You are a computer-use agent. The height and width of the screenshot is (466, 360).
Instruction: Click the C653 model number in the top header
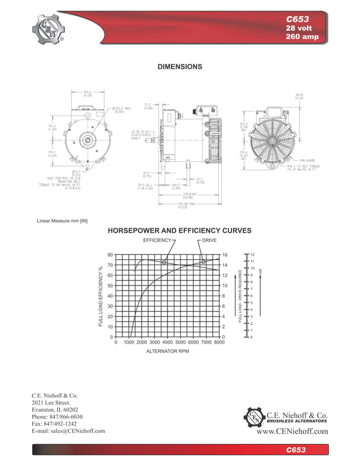point(306,19)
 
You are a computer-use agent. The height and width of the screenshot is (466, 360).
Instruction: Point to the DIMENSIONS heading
point(179,67)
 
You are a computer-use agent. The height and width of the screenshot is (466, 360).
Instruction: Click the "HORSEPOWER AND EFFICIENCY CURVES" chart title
point(179,231)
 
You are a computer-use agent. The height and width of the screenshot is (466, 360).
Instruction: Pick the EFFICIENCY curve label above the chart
point(157,240)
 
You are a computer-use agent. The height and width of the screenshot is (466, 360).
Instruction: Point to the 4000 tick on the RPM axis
point(168,342)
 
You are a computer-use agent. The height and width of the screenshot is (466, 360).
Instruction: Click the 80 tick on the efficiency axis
point(109,255)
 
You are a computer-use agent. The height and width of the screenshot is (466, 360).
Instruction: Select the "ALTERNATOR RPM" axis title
point(168,351)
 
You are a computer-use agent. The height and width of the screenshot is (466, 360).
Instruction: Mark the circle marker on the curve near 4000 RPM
point(164,262)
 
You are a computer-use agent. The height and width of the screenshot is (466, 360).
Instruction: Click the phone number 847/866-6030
point(58,417)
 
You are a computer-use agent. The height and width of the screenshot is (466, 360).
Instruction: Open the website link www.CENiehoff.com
point(292,432)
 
